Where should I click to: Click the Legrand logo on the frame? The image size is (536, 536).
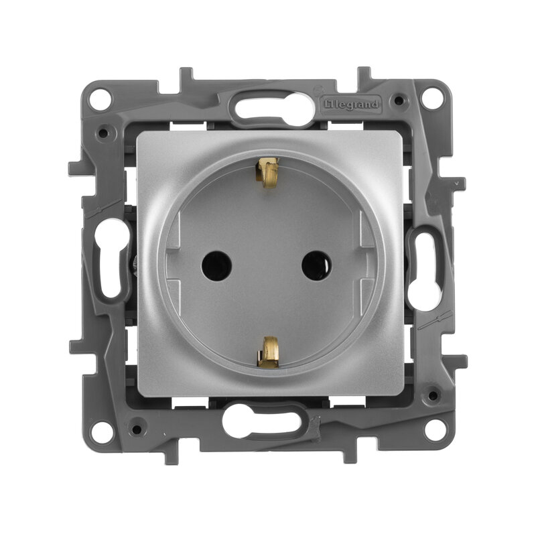pyautogui.click(x=351, y=105)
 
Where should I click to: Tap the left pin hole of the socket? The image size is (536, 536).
pyautogui.click(x=216, y=265)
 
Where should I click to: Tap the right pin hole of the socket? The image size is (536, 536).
pyautogui.click(x=316, y=265)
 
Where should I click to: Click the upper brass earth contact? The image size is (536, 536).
pyautogui.click(x=267, y=172)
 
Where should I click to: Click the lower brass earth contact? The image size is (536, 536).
pyautogui.click(x=269, y=352)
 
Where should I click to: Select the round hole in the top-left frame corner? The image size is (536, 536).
pyautogui.click(x=100, y=99)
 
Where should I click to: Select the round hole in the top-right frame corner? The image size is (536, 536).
pyautogui.click(x=431, y=98)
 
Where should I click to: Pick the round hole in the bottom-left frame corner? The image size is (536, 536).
pyautogui.click(x=102, y=431)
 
